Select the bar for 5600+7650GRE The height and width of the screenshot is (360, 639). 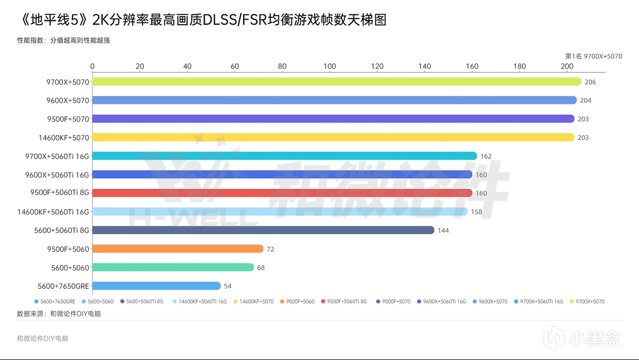point(157,286)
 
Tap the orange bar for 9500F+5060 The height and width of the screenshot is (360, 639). point(178,249)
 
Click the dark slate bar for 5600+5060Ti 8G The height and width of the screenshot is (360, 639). point(263,230)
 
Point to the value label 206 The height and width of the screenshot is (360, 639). point(590,82)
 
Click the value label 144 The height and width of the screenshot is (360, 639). point(443,230)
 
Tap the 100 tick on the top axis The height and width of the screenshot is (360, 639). point(330,67)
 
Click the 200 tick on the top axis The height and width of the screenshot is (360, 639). point(567,67)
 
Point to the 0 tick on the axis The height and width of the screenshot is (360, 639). point(93,67)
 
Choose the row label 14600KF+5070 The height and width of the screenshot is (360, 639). point(63,138)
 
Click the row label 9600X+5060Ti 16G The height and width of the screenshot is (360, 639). point(57,174)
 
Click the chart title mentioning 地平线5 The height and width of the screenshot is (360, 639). point(201,21)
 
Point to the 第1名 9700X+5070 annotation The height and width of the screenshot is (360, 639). point(593,56)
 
